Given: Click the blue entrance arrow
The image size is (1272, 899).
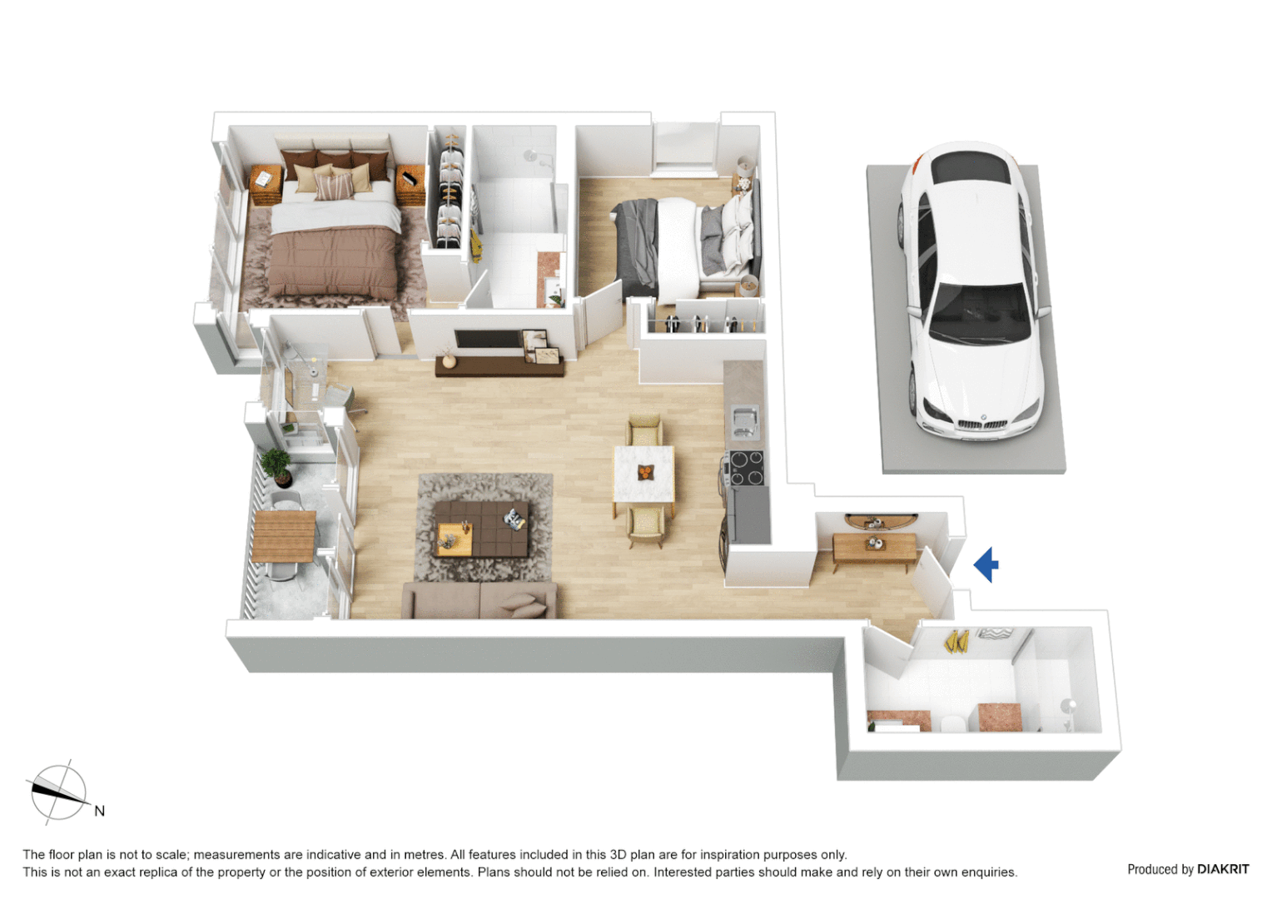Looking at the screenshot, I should point(986,565).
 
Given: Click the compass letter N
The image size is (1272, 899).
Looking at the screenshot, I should point(99,811).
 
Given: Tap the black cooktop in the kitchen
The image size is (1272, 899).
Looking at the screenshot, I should point(746,468).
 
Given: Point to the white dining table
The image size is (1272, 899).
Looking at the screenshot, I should point(643,474).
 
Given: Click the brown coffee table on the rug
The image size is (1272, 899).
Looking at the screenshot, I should point(480,529).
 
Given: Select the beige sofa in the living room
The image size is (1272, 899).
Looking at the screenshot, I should point(479,600).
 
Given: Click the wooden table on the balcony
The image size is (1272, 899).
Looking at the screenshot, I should point(284,536).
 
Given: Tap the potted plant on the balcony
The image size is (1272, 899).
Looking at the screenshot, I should point(277,464).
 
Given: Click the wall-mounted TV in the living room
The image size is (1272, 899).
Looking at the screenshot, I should point(488,340).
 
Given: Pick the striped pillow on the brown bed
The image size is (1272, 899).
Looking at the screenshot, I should point(334,186).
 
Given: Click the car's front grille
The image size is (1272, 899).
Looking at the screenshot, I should point(982,425).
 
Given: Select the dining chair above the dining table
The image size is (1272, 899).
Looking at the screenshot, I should point(645,431).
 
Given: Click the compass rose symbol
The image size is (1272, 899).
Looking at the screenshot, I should point(58,792).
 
